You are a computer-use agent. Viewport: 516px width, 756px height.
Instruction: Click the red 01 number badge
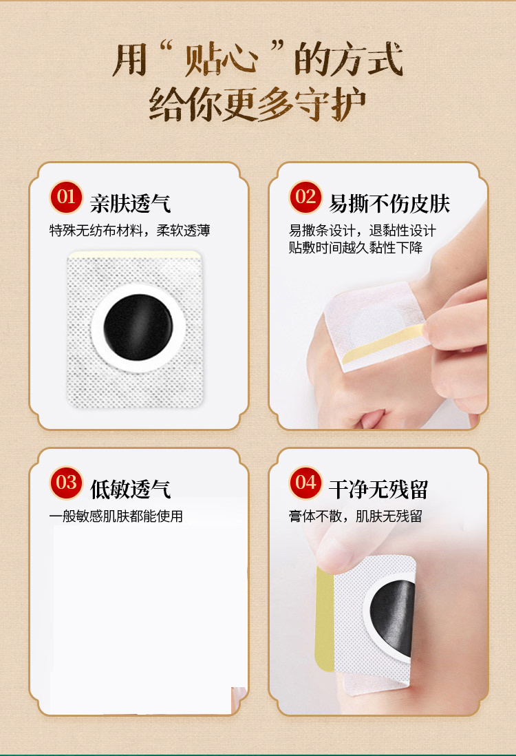coord(66,197)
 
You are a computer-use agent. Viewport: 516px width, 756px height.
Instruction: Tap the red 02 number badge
coord(305,197)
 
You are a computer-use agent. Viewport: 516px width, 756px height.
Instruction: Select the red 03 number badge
coord(66,483)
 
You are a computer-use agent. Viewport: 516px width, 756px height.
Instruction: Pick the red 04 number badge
coord(305,483)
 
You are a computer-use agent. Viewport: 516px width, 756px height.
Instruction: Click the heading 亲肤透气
coord(130,204)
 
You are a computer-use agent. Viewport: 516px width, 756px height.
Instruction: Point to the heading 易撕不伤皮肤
coord(389,204)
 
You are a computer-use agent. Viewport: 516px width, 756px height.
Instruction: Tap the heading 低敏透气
coord(130,490)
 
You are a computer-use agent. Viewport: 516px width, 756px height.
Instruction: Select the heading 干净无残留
coord(378,490)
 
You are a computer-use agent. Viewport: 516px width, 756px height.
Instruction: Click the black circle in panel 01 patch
coord(138,327)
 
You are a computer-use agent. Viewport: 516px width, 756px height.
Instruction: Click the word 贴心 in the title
coord(219,61)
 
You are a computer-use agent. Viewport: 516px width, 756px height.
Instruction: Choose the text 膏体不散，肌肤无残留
coord(355,516)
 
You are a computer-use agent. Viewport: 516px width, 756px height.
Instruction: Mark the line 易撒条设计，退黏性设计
coord(362,231)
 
